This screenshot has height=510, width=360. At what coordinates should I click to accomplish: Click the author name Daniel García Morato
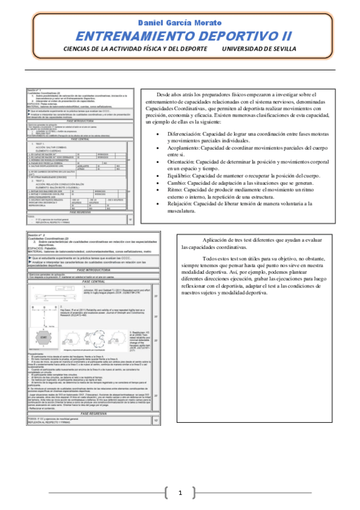(x=180, y=22)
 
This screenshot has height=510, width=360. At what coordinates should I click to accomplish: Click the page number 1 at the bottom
(x=180, y=493)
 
